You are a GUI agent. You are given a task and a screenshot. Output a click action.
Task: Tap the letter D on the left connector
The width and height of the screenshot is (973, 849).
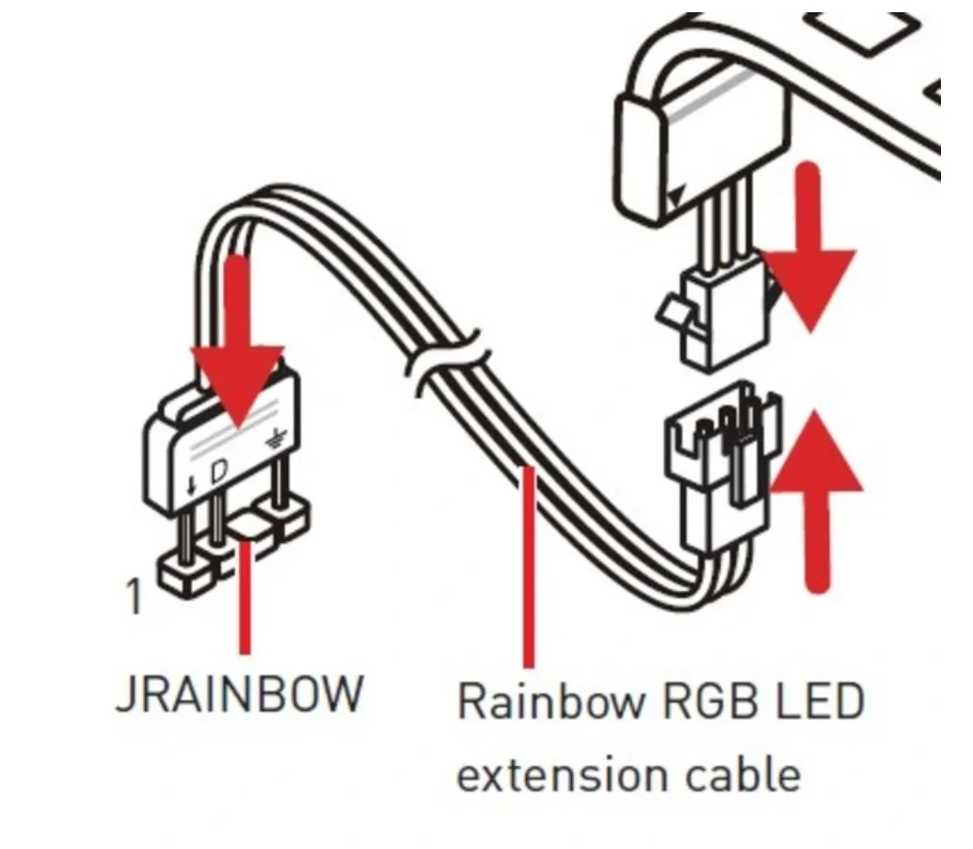pos(217,472)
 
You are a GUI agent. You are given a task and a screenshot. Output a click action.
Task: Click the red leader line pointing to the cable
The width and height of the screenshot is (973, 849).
pos(528,565)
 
